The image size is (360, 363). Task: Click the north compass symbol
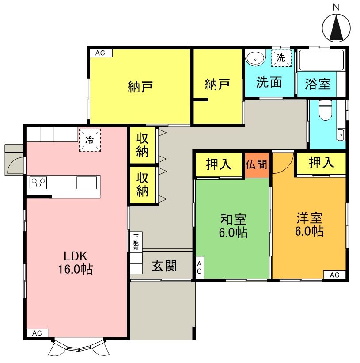[337, 27]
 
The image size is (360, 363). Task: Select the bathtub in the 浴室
[321, 60]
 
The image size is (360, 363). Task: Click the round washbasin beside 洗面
[254, 58]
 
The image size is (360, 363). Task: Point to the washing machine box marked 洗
[281, 57]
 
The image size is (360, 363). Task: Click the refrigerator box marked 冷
[90, 140]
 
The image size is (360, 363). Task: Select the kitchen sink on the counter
[86, 182]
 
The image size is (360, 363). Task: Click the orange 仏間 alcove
[257, 165]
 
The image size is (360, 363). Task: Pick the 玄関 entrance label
[164, 266]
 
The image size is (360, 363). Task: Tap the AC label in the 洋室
[334, 275]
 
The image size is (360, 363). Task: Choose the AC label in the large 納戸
[100, 53]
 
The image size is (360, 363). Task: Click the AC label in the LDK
[38, 333]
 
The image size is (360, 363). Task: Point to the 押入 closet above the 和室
[219, 164]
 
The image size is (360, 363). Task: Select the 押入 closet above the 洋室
[321, 163]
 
